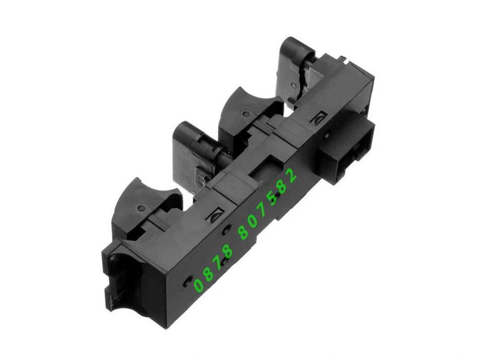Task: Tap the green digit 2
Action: click(x=292, y=176)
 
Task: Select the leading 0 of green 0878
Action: click(x=198, y=285)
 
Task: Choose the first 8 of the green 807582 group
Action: click(x=244, y=233)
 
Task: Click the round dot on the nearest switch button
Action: click(x=142, y=208)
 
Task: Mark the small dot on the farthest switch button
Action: click(x=293, y=85)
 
